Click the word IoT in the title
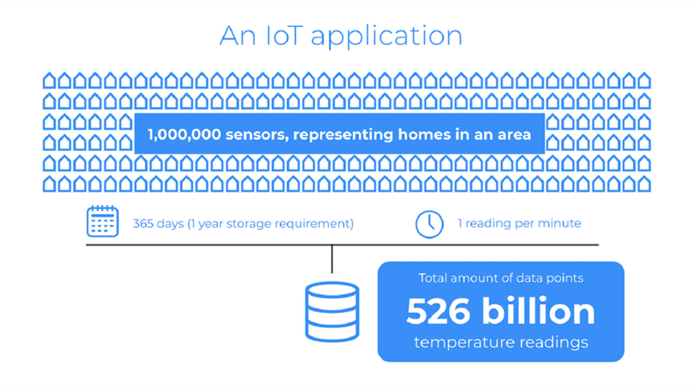tap(285, 36)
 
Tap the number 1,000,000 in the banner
tap(184, 135)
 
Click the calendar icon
tap(103, 221)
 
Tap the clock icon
tap(430, 224)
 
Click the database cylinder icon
tap(332, 312)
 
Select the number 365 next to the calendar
tap(143, 223)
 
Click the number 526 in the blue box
tap(438, 311)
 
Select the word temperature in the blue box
tap(464, 343)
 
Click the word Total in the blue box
tap(433, 278)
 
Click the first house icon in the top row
tap(50, 80)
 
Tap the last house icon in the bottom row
tap(644, 184)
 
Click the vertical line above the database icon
tap(332, 259)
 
